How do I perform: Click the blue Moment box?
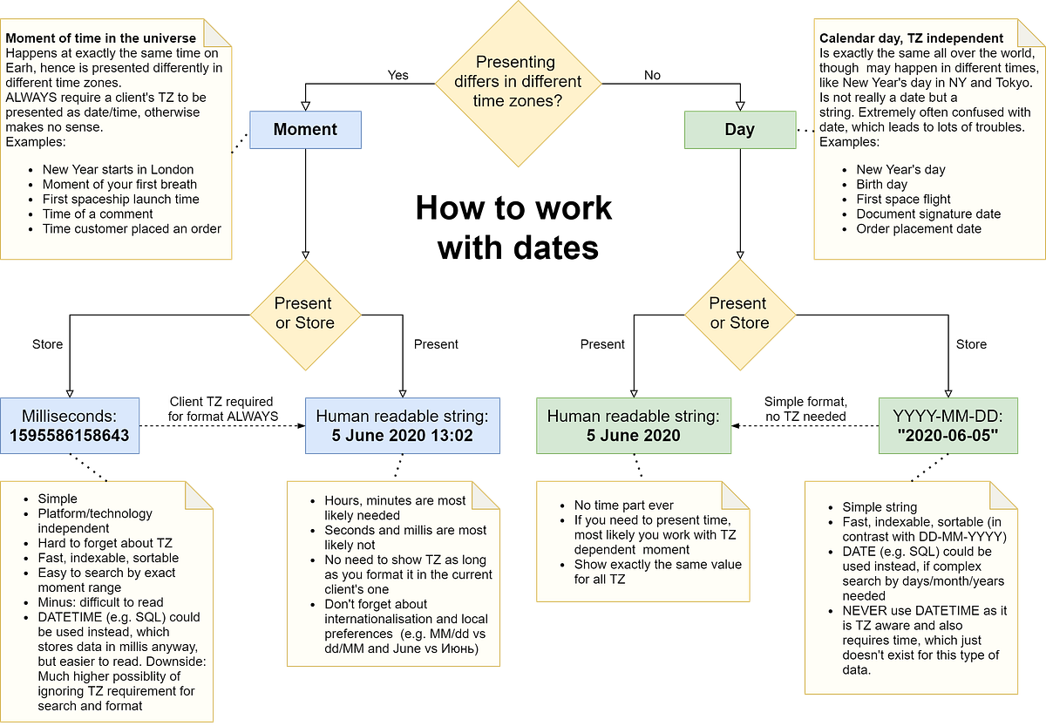(x=305, y=130)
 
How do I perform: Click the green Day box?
(x=740, y=130)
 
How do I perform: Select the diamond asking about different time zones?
(x=518, y=82)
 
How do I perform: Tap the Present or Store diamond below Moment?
(x=304, y=313)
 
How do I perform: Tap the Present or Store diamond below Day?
(x=739, y=313)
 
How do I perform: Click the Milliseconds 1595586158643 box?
(x=70, y=426)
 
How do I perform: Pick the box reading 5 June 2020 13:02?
(x=403, y=426)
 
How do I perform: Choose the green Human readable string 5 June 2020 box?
(x=634, y=426)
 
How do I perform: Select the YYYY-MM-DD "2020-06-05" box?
(x=948, y=426)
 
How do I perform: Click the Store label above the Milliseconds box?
(x=47, y=344)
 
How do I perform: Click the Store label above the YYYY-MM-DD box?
(x=971, y=344)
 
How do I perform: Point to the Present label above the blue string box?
(x=436, y=344)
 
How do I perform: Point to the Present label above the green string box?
(x=602, y=344)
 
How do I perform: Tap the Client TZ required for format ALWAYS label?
(x=223, y=409)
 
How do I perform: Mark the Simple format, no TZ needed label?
(x=805, y=409)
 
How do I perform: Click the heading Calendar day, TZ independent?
(x=911, y=38)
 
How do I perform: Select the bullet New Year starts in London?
(x=118, y=170)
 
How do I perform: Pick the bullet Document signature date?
(x=928, y=214)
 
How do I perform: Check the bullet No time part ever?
(x=623, y=505)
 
